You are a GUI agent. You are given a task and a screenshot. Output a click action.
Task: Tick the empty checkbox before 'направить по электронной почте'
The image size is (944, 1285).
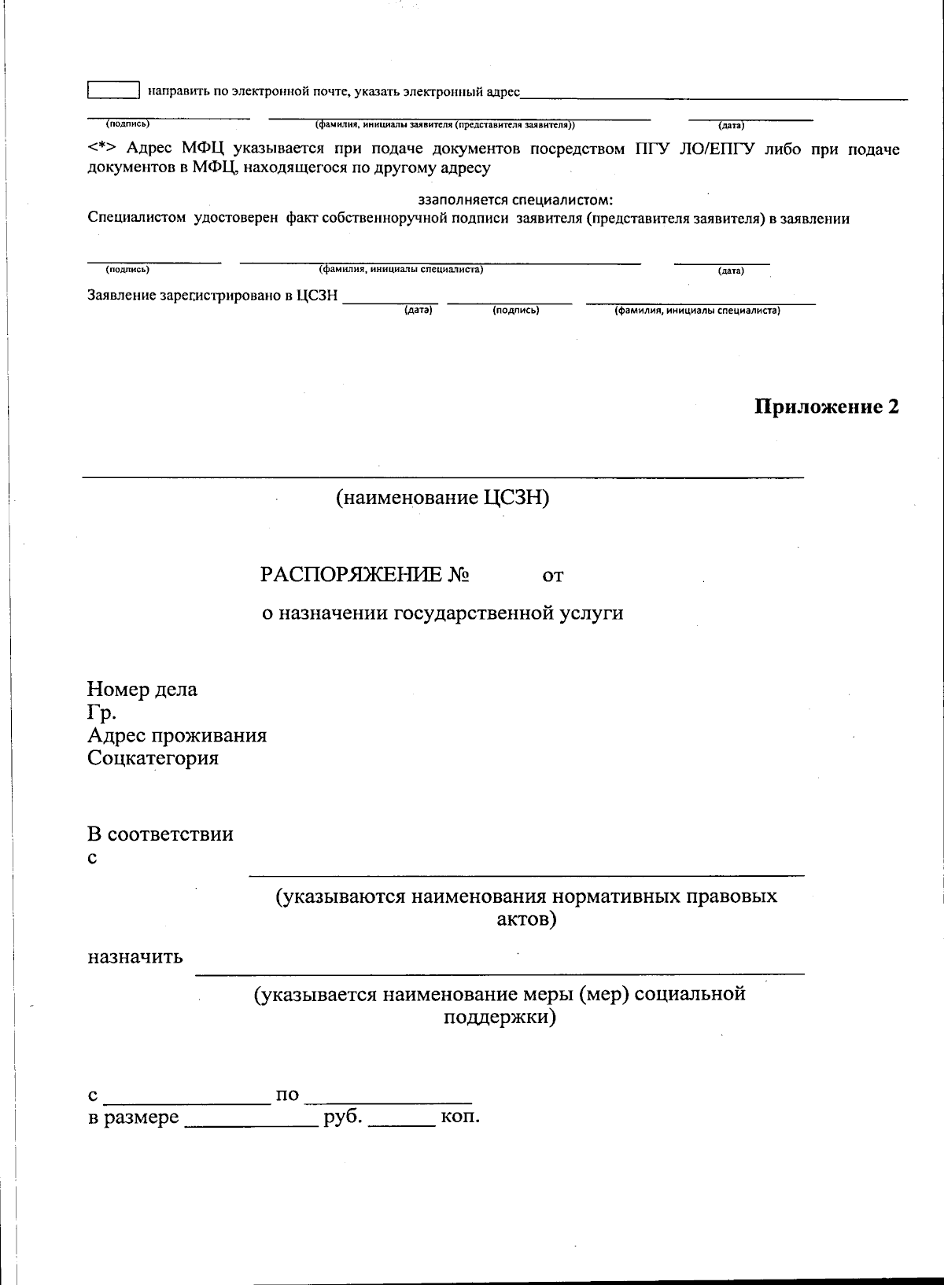(113, 90)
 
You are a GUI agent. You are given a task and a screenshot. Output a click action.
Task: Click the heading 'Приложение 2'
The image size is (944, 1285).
(826, 407)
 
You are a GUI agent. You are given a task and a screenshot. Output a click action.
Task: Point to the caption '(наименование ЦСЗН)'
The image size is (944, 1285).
(442, 498)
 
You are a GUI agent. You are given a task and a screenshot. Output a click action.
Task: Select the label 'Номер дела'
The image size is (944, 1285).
(142, 690)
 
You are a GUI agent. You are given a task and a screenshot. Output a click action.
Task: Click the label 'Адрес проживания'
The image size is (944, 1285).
(177, 735)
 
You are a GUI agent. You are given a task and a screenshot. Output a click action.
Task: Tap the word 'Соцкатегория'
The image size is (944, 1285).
(153, 758)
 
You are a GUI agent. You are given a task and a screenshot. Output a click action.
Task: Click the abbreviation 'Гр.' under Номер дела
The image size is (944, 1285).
(101, 712)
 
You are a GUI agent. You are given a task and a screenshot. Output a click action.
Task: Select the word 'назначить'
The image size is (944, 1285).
(135, 957)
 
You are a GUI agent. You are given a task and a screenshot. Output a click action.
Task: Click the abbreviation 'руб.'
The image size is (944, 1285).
(343, 1117)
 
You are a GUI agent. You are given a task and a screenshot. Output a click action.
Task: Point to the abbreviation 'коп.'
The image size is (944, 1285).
(460, 1117)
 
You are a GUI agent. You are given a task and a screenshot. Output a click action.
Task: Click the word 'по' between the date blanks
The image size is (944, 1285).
(287, 1095)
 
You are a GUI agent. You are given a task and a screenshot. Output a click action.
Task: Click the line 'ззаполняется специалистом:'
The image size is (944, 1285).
(515, 200)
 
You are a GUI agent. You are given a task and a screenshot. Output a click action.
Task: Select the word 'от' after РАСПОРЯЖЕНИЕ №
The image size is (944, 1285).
(553, 576)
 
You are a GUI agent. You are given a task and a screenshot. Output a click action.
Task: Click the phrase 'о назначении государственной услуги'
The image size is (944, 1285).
(442, 613)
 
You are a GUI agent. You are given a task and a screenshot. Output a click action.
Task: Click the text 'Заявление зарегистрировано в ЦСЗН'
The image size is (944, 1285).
(212, 296)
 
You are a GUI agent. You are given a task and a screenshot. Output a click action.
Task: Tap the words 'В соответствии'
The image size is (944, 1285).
(160, 834)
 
